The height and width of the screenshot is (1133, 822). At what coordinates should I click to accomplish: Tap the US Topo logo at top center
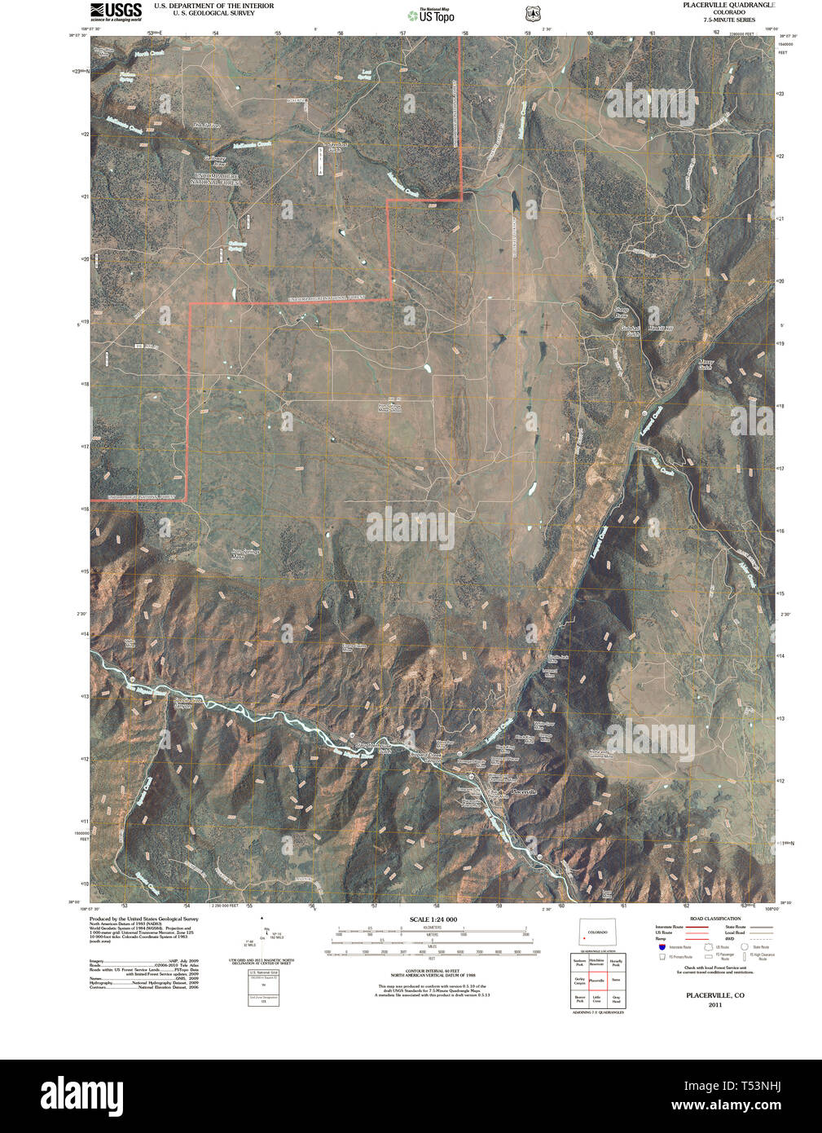[x=433, y=15]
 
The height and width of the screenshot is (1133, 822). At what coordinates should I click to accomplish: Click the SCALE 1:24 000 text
[x=433, y=919]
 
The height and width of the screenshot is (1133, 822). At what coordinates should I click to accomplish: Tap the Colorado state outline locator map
[x=599, y=933]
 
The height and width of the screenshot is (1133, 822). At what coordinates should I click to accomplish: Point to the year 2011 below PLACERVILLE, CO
[x=714, y=1005]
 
